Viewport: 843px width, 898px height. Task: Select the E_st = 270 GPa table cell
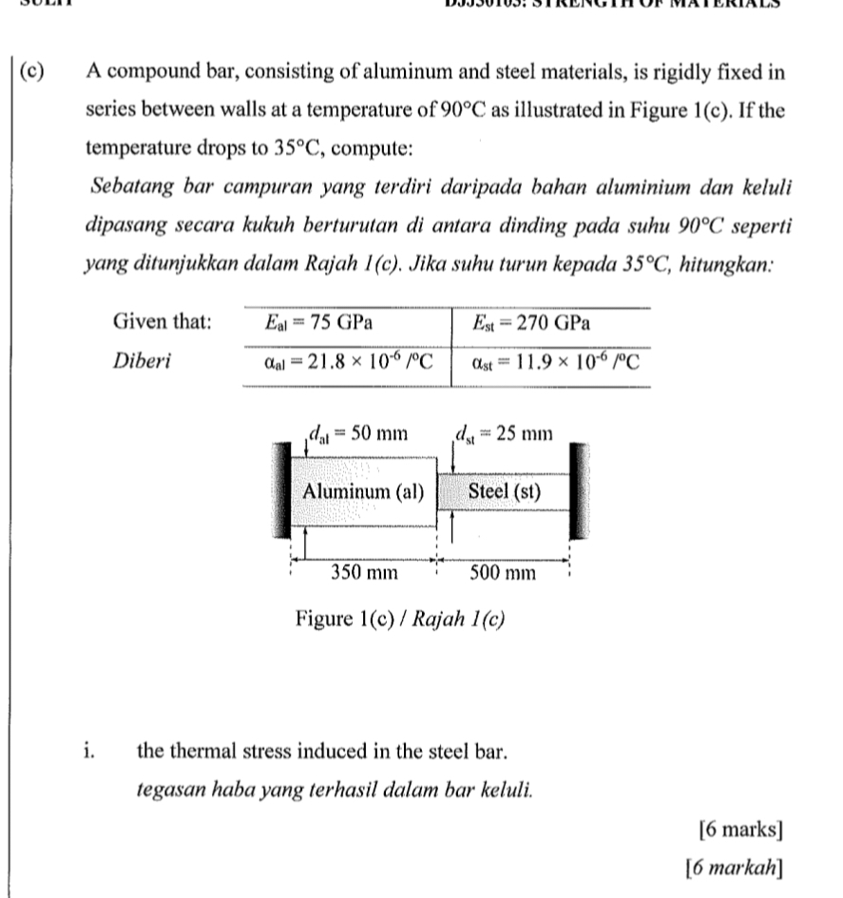pyautogui.click(x=532, y=322)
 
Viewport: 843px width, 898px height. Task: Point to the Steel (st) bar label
pyautogui.click(x=504, y=491)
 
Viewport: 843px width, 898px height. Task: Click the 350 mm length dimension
pyautogui.click(x=363, y=572)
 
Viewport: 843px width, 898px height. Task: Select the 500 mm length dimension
pyautogui.click(x=503, y=572)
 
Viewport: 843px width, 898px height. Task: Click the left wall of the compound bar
pyautogui.click(x=282, y=492)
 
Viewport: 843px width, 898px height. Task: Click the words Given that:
pyautogui.click(x=162, y=322)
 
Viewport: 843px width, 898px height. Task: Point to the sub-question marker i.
pyautogui.click(x=88, y=753)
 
